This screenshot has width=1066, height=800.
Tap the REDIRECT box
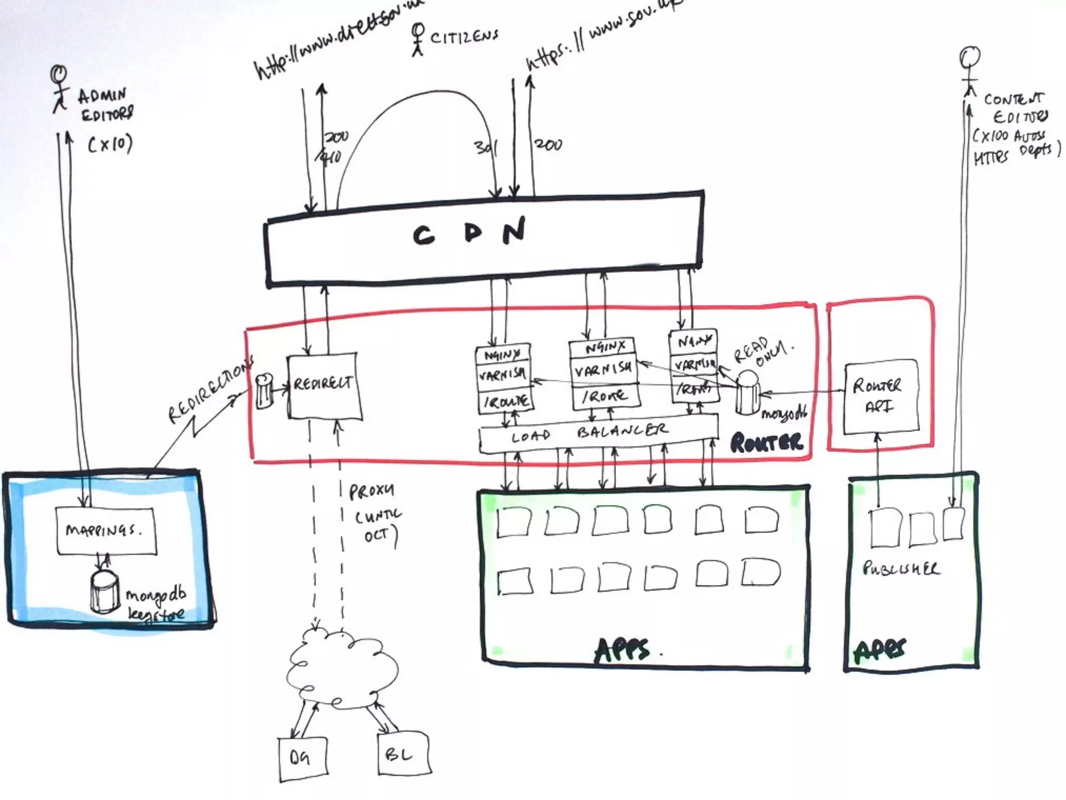323,385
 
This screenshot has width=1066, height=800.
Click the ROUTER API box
879,396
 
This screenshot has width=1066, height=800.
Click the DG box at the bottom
302,758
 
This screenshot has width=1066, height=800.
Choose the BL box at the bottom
402,754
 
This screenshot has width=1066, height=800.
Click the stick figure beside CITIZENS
417,39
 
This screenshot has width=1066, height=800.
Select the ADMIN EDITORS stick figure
59,89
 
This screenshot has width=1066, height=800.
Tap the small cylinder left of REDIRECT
264,390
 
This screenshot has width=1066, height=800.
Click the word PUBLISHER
900,568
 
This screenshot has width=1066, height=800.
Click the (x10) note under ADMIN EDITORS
110,143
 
